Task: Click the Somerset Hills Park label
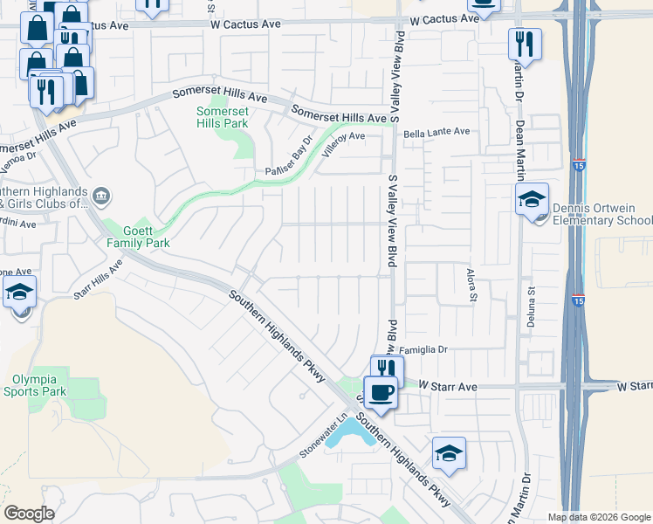pos(222,116)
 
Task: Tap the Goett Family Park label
pos(137,236)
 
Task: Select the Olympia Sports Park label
pos(40,385)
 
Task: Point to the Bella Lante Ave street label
pos(436,132)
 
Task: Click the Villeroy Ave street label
pos(343,142)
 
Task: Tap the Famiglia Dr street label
pos(424,349)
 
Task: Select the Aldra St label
pos(473,285)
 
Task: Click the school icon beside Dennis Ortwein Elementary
pos(532,200)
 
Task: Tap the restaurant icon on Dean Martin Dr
pos(525,43)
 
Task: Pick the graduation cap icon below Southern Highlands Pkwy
pos(449,452)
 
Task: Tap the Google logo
pos(29,514)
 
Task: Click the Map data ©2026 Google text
pos(598,517)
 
